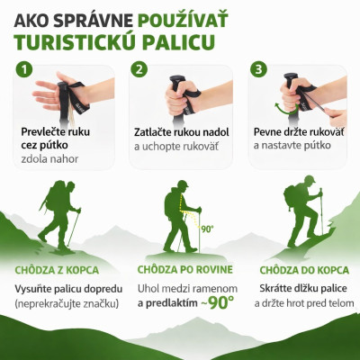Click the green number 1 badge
[x=24, y=69]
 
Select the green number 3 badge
[x=258, y=69]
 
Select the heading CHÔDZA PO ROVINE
[x=184, y=269]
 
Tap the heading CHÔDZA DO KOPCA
[x=304, y=269]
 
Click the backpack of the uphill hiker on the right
[x=294, y=195]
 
